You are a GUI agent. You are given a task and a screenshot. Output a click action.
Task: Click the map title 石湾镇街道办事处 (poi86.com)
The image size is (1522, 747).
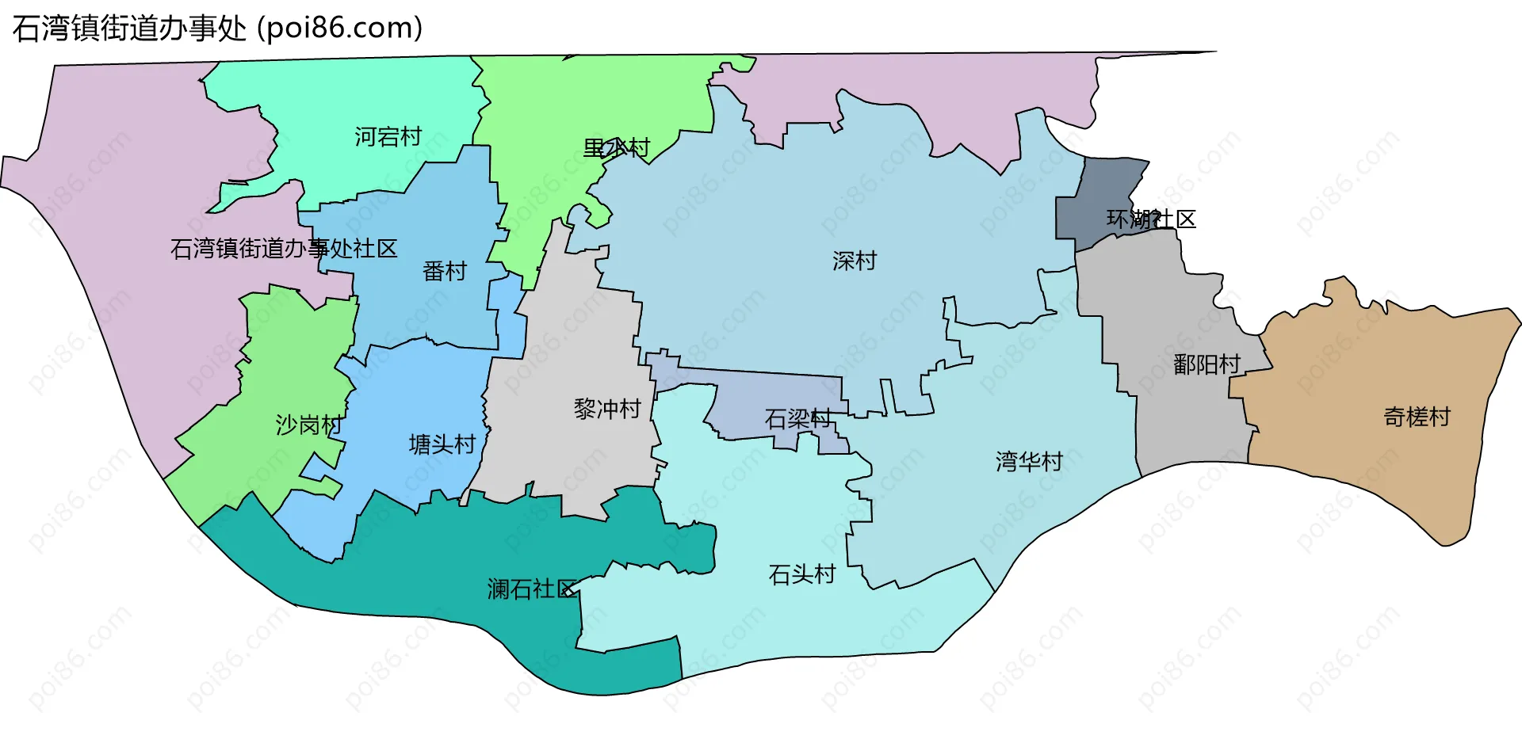[217, 29]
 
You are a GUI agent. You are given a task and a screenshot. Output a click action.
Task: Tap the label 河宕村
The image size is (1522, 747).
[388, 137]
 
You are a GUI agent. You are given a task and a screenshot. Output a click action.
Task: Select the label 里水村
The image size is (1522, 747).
[616, 148]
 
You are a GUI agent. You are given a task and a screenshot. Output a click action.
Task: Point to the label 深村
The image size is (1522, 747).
[855, 261]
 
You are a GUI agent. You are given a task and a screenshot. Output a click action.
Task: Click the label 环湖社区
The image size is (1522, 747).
[1151, 219]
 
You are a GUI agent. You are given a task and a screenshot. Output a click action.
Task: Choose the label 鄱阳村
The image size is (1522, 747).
[1207, 364]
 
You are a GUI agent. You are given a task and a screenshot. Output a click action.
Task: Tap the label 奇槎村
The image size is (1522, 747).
[1417, 417]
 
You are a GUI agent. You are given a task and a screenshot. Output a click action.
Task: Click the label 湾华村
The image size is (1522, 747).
[1029, 461]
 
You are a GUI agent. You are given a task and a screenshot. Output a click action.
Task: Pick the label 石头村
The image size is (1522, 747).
[802, 574]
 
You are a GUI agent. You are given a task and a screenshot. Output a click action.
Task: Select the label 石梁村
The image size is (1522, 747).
[797, 419]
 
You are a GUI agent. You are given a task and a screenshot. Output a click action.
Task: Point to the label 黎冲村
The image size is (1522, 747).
[607, 409]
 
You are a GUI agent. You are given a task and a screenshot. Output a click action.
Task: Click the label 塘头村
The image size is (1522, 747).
[442, 444]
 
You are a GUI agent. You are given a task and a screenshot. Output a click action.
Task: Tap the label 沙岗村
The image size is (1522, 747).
[308, 425]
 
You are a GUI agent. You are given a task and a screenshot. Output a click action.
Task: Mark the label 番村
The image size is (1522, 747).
[444, 272]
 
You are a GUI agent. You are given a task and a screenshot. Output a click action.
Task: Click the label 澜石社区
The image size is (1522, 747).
[532, 589]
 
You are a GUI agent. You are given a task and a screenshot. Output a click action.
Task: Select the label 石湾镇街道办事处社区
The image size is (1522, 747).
[284, 249]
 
